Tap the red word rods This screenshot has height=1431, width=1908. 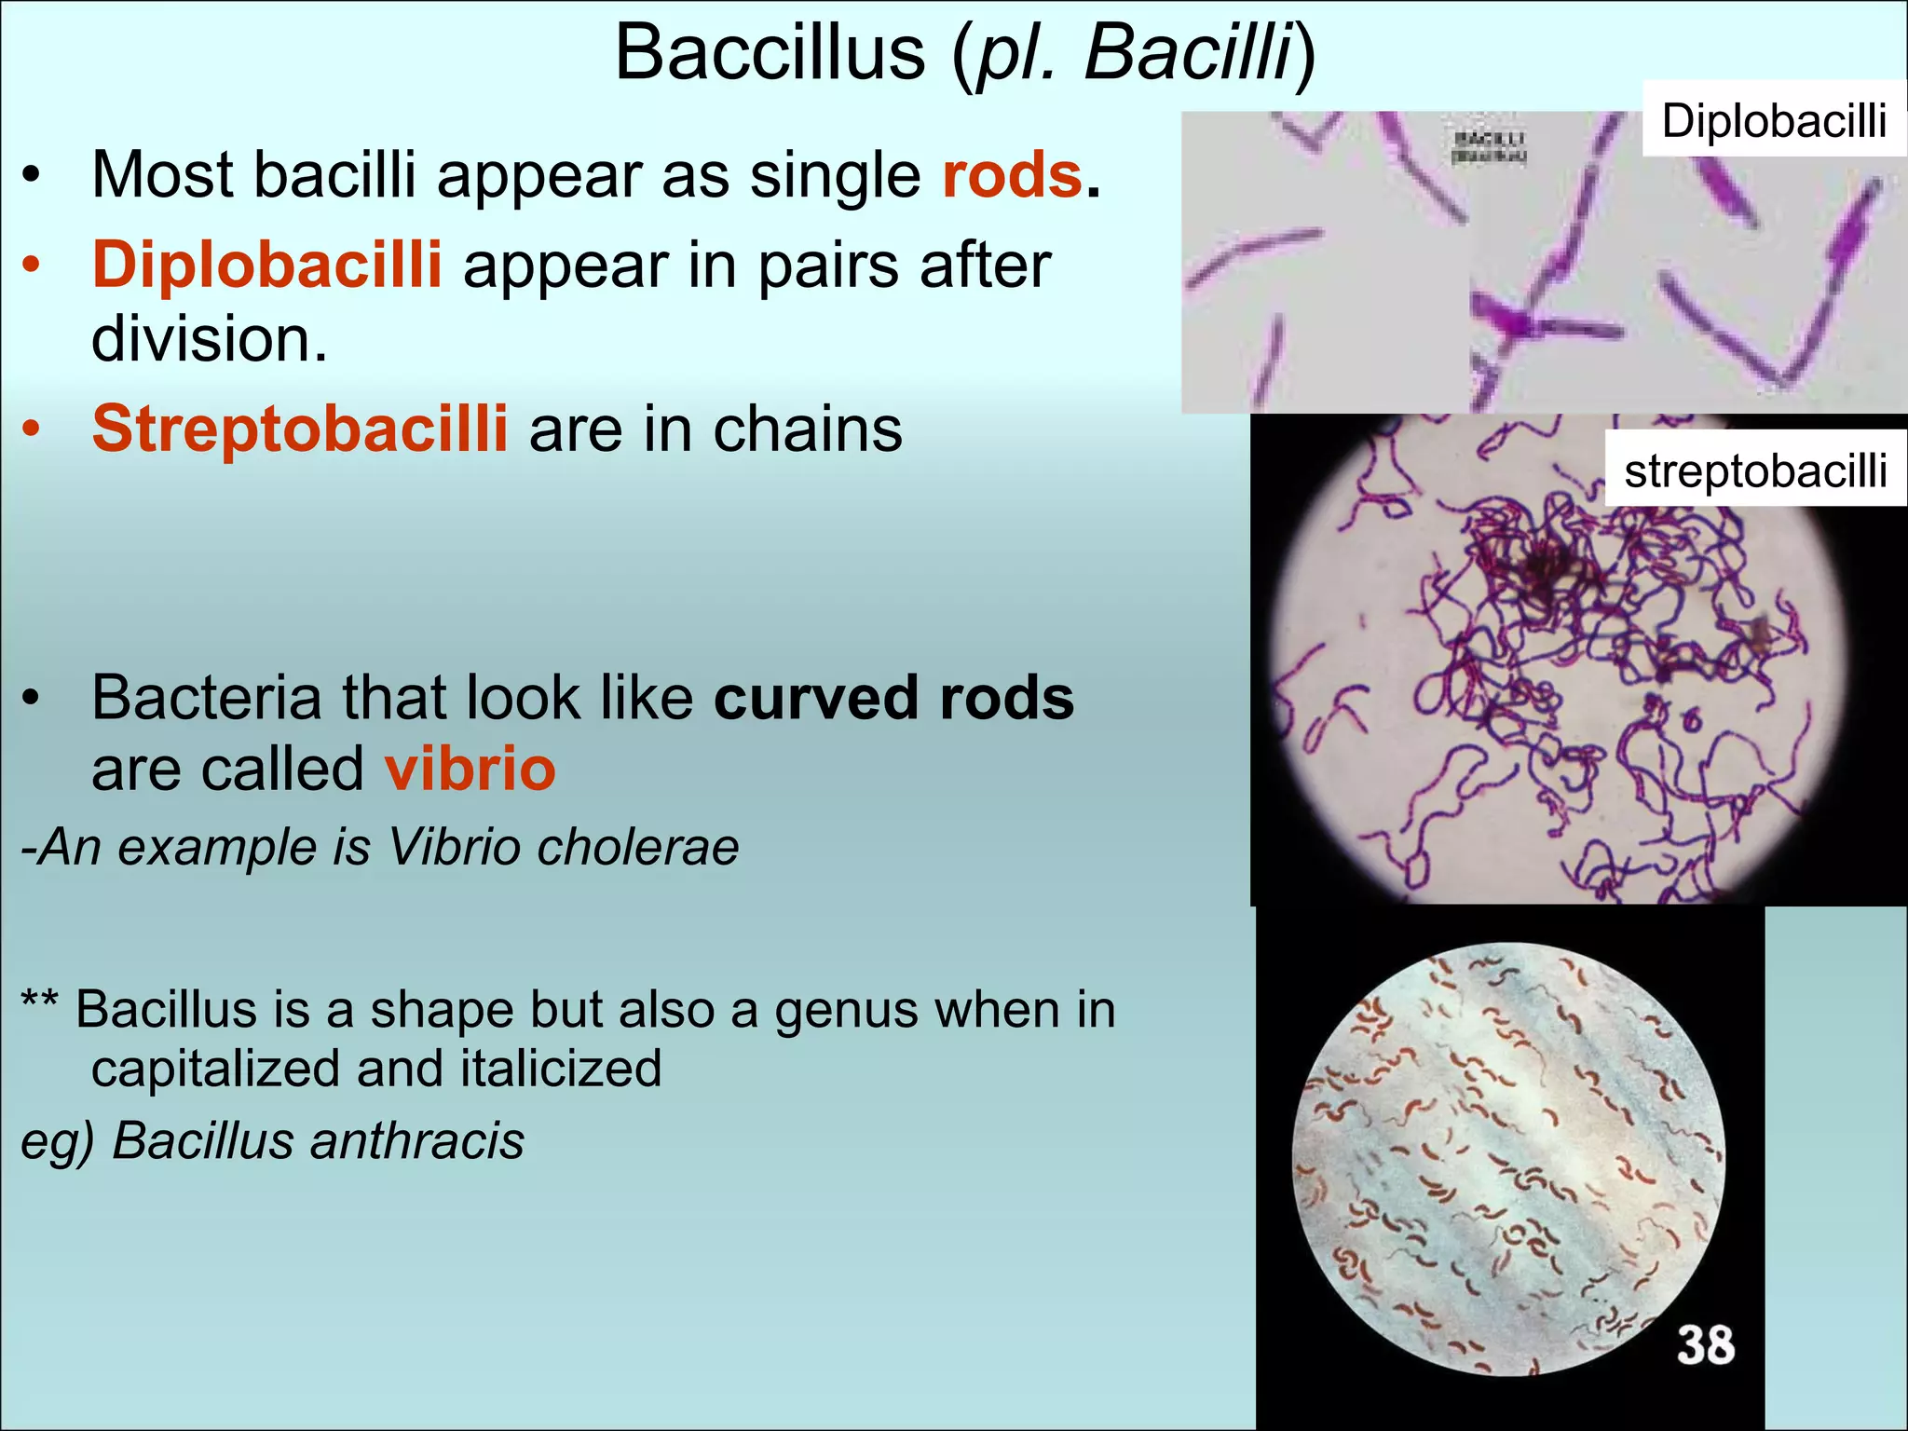pos(1012,175)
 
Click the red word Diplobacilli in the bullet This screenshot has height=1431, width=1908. pos(266,265)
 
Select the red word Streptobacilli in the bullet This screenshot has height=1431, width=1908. pos(300,429)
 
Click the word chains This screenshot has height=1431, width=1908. pos(807,429)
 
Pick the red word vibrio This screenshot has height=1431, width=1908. pos(470,770)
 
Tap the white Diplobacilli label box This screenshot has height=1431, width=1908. pos(1773,119)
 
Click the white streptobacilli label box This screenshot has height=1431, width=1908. pos(1755,470)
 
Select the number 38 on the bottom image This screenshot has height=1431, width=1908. pos(1706,1345)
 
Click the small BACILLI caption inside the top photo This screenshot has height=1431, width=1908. pos(1490,147)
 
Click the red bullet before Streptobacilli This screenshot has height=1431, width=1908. pos(32,429)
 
